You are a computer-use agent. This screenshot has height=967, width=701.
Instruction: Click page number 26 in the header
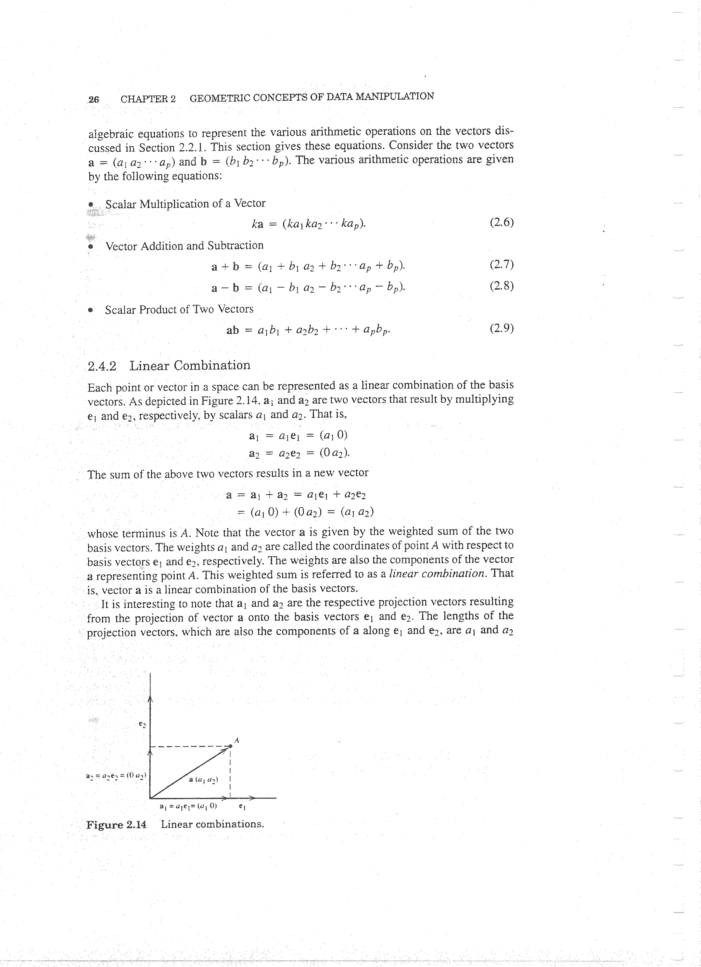94,99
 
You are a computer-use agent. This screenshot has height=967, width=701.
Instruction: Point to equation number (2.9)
501,328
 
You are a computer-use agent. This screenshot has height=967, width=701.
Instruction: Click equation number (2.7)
501,265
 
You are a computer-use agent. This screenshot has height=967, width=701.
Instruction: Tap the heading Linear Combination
190,365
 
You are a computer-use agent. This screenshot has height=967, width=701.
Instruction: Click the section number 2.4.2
102,366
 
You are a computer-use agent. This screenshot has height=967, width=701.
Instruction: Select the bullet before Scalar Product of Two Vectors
90,310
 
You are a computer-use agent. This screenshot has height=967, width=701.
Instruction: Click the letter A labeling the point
237,740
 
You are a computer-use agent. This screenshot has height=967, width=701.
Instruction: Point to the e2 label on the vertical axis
143,724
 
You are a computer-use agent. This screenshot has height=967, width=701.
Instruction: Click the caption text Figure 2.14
116,824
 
